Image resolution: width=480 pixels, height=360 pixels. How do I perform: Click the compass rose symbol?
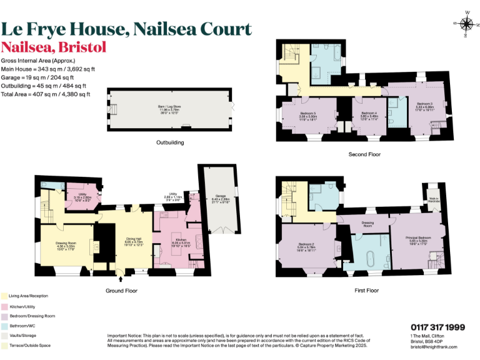pyautogui.click(x=466, y=24)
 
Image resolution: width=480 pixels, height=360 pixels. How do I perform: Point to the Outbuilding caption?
pyautogui.click(x=169, y=142)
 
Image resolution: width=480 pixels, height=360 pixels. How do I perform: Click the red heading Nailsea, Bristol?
pyautogui.click(x=54, y=47)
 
